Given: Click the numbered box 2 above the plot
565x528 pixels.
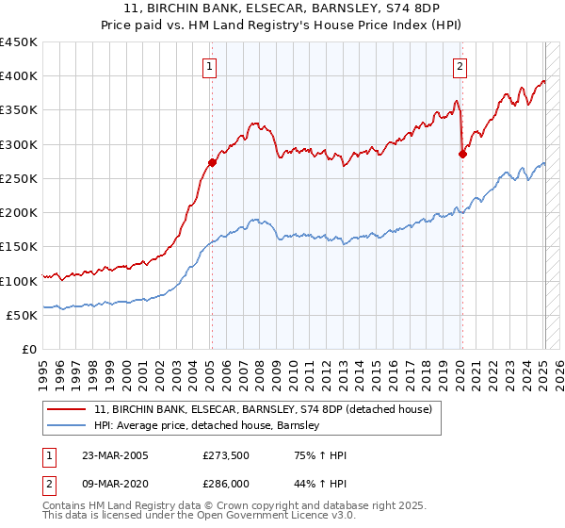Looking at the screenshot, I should click(x=460, y=66).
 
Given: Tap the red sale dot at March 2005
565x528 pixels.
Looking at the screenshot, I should click(x=212, y=162).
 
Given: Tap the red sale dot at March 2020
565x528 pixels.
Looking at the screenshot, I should click(x=462, y=154).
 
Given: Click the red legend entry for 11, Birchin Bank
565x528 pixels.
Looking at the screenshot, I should click(x=263, y=408).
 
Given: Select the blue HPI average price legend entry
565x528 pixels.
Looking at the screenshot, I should click(x=207, y=425).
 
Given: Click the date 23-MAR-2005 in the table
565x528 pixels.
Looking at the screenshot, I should click(x=117, y=455).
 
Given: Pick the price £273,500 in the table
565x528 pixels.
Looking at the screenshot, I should click(x=227, y=455).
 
